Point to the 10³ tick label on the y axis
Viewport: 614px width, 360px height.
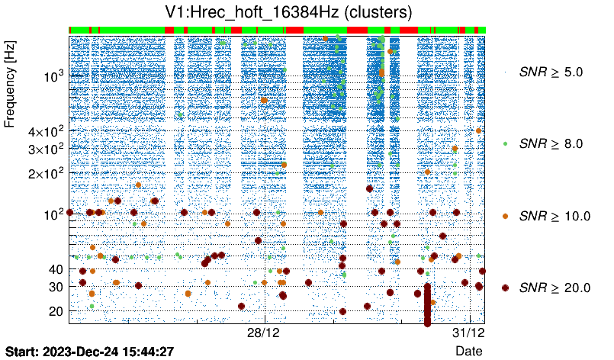pos(53,76)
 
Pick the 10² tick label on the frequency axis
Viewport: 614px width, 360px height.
pos(53,214)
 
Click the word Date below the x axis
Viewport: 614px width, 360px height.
pos(468,351)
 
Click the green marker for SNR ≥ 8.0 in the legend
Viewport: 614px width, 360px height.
pos(505,143)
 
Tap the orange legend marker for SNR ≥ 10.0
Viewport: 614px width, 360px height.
pos(505,216)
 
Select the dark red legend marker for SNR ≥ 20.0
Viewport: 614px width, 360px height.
pos(505,288)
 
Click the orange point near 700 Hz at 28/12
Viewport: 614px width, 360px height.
pos(265,100)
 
